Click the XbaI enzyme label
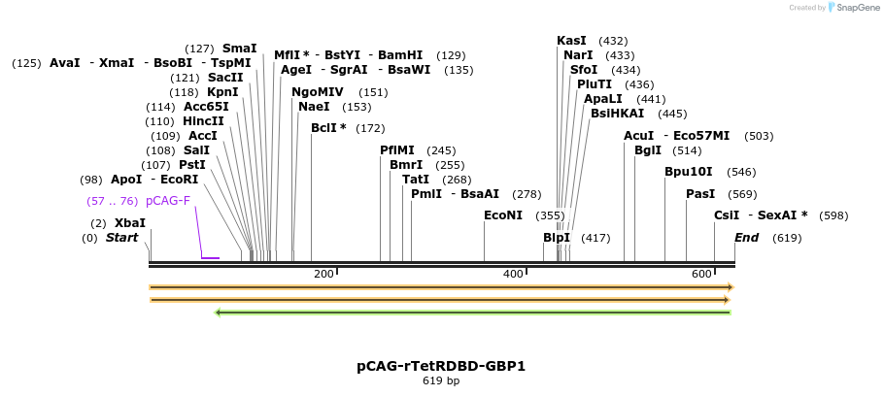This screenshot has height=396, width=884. (x=130, y=223)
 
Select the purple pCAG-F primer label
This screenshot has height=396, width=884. (x=168, y=201)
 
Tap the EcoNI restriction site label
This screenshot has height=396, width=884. (x=503, y=215)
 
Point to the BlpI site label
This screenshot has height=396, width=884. (x=557, y=238)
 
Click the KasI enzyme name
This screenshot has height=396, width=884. (x=571, y=41)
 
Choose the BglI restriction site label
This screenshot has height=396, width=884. (x=647, y=150)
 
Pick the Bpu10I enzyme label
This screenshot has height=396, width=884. (x=683, y=172)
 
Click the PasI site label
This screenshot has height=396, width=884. (x=700, y=194)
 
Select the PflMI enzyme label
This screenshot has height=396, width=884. (x=397, y=150)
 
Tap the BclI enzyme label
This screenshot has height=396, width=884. (x=328, y=128)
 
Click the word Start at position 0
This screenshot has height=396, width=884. (x=122, y=238)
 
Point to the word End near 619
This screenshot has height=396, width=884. (x=747, y=238)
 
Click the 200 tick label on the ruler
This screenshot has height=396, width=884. (x=323, y=275)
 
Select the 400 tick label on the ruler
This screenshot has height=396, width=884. (x=513, y=275)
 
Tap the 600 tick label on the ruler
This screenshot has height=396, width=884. (x=701, y=275)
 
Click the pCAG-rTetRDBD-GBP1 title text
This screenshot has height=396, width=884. (x=441, y=366)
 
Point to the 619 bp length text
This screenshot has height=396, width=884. (x=441, y=381)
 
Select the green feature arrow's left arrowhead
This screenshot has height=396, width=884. (x=218, y=313)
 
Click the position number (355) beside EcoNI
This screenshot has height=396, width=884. (x=550, y=215)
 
